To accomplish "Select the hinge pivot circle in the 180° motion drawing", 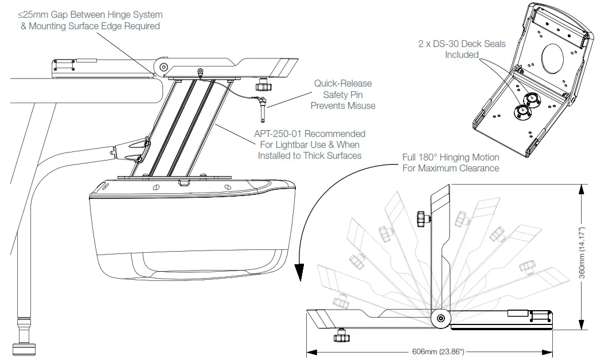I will [440, 319].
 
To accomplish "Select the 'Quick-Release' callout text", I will [342, 84].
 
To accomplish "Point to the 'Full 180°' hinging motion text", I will [423, 157].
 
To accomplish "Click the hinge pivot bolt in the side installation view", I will [164, 67].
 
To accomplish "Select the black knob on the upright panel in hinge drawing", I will [423, 218].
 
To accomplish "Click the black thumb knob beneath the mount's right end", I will [263, 86].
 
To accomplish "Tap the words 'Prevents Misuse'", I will [342, 105].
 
